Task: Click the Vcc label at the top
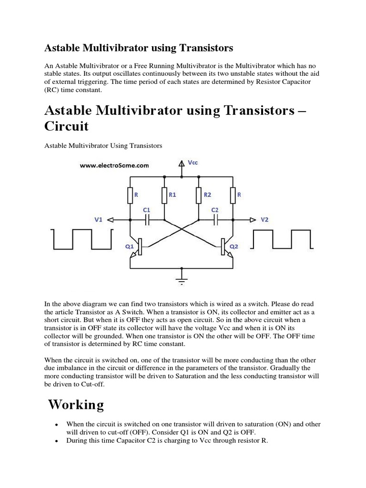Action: (x=193, y=163)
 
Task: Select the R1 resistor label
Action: (x=173, y=195)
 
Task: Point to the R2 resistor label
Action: (x=207, y=195)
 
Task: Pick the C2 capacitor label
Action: (x=214, y=210)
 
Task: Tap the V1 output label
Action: (x=98, y=220)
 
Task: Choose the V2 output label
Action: (x=265, y=220)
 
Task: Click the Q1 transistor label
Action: (x=129, y=246)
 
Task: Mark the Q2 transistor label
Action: (x=234, y=246)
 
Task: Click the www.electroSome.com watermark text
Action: (x=115, y=166)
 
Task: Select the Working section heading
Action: (x=76, y=405)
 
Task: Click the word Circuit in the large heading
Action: (x=66, y=128)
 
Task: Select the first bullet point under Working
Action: (x=57, y=425)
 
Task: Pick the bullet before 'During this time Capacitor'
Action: (x=57, y=442)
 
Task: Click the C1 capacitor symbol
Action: (x=147, y=220)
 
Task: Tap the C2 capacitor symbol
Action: (x=215, y=220)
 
